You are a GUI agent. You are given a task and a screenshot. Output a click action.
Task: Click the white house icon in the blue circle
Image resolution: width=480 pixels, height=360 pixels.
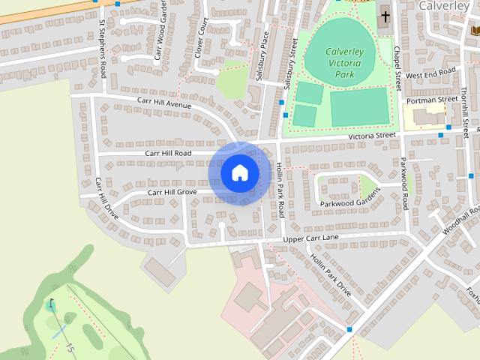tap(239, 172)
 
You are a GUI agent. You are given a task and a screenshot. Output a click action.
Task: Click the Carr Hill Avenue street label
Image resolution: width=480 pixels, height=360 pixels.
tap(164, 102)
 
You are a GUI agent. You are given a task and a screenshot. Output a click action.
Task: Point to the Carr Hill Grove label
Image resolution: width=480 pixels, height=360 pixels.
tap(172, 193)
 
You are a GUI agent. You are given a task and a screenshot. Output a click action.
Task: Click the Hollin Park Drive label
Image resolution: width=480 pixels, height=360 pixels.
tap(330, 273)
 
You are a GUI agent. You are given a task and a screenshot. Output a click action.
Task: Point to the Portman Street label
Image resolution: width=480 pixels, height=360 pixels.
tap(430, 100)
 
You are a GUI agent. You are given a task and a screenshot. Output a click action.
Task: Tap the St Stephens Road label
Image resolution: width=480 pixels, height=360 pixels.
tap(102, 44)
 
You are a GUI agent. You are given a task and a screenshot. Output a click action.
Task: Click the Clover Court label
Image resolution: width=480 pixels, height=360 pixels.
tap(200, 37)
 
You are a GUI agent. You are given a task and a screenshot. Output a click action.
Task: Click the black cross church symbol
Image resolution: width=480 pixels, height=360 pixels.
tap(385, 16)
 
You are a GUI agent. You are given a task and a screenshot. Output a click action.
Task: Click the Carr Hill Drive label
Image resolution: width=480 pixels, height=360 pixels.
tap(106, 196)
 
